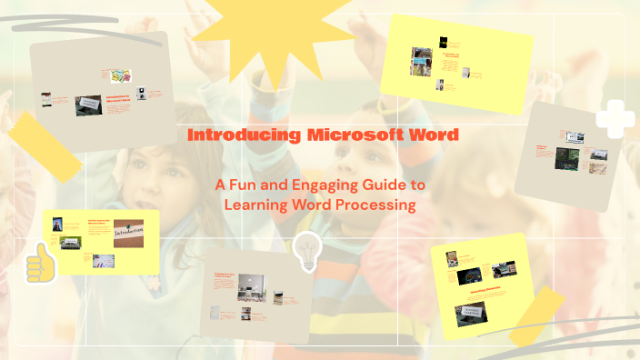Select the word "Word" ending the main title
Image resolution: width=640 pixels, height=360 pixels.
coord(434,135)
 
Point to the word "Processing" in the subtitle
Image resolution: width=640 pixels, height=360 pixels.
coord(378,205)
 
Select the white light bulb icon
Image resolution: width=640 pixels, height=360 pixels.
coord(306,251)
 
